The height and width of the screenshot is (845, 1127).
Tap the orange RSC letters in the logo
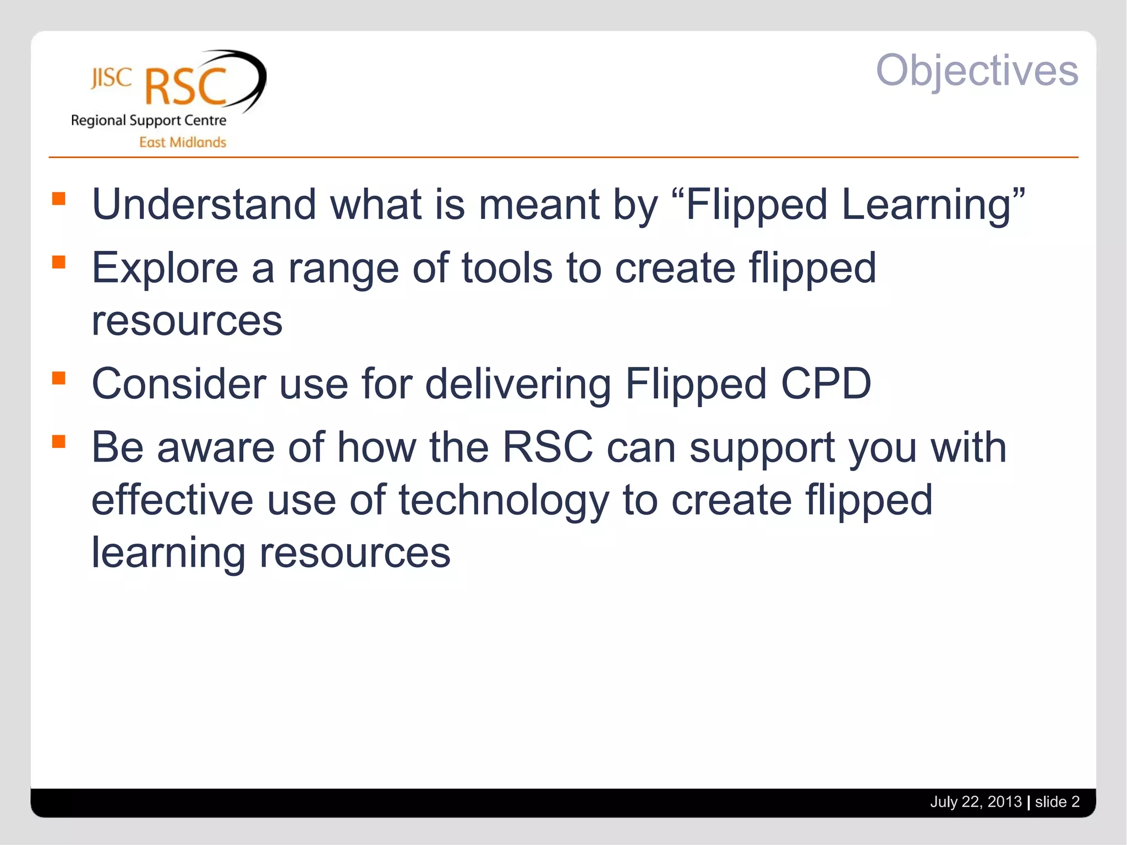point(186,87)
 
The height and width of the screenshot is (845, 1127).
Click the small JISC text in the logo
point(111,78)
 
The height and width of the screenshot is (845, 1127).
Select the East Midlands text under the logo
point(182,142)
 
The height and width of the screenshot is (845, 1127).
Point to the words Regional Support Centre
point(149,120)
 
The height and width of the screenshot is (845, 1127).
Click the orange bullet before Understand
point(59,198)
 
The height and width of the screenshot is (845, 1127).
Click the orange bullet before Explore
point(59,262)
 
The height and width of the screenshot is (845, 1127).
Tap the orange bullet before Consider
point(59,378)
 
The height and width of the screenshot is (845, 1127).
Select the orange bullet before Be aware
point(59,441)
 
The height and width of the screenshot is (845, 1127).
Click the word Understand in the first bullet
point(204,205)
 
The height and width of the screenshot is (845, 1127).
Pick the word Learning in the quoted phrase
point(927,205)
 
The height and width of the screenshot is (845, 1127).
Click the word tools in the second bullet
point(507,268)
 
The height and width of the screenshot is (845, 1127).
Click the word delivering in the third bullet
point(518,383)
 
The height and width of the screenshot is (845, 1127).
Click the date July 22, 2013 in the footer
point(975,802)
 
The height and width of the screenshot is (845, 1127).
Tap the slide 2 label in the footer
point(1057,802)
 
